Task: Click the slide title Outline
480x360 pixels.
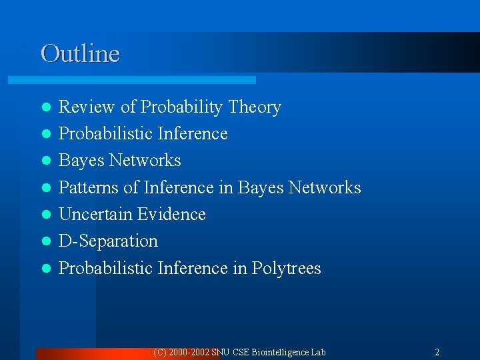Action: pyautogui.click(x=80, y=53)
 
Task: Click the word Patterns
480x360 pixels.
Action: pyautogui.click(x=89, y=188)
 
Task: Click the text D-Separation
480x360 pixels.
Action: pyautogui.click(x=108, y=241)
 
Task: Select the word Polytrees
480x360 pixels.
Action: pyautogui.click(x=286, y=269)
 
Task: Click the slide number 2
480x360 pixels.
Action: pyautogui.click(x=437, y=352)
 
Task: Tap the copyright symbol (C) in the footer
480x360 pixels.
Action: pyautogui.click(x=160, y=352)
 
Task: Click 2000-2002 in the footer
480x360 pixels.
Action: pyautogui.click(x=189, y=352)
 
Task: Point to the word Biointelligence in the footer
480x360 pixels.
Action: pyautogui.click(x=279, y=352)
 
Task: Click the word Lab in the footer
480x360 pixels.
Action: pyautogui.click(x=318, y=352)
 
